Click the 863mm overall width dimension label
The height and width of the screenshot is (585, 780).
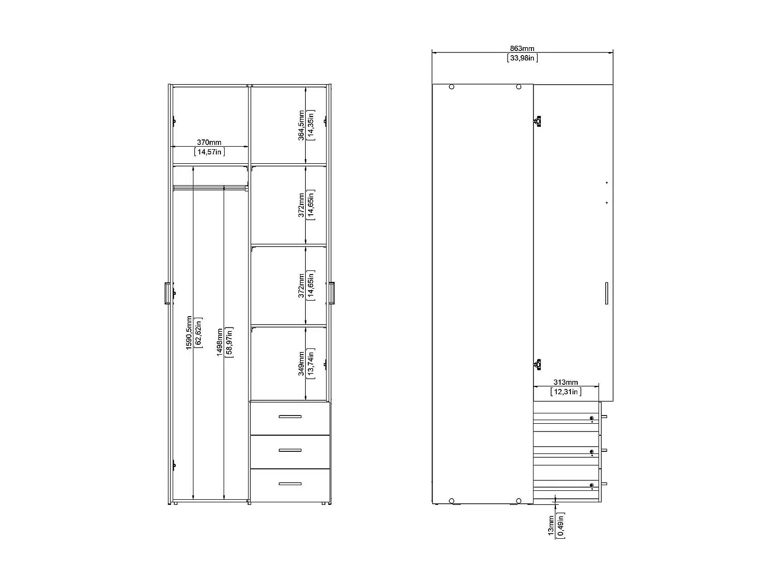click(522, 48)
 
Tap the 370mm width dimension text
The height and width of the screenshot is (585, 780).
click(209, 142)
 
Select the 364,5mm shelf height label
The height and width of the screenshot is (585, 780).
click(302, 125)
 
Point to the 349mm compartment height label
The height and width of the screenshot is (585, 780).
click(302, 364)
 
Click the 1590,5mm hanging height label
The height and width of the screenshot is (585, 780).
click(189, 332)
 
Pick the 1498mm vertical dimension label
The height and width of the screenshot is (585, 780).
click(219, 342)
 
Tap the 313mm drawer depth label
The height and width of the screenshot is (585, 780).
click(565, 382)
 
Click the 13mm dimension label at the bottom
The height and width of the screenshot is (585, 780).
click(551, 526)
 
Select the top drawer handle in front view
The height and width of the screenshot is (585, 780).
click(290, 417)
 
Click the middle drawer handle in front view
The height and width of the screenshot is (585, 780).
click(290, 450)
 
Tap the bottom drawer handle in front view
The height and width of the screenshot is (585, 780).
click(290, 484)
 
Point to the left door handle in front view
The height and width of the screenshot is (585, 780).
click(166, 293)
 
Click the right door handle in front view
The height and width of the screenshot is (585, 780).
click(332, 293)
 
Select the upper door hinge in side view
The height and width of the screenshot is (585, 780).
click(538, 121)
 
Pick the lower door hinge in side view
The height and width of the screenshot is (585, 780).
click(538, 364)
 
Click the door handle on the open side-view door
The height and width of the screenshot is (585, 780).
click(606, 293)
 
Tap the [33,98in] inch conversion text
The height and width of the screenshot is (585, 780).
click(522, 58)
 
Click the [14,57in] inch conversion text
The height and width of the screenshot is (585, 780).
click(209, 152)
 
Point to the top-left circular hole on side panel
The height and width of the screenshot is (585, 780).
click(451, 87)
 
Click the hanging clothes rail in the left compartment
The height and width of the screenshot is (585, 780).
click(210, 187)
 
